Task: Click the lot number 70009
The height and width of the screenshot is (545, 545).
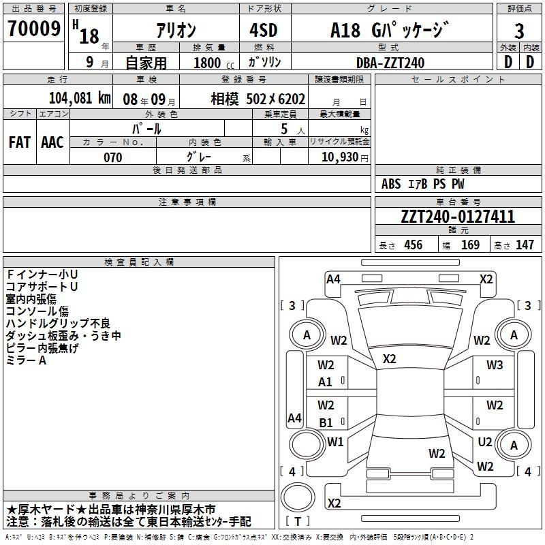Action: pos(33,29)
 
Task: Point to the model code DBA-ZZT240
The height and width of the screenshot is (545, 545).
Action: pos(390,63)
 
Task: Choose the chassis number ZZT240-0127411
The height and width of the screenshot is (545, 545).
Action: pos(458,217)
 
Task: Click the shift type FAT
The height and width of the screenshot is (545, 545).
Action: pos(20,142)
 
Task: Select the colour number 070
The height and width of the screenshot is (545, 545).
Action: pos(112,157)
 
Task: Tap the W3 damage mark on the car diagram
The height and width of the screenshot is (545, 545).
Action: pos(495,365)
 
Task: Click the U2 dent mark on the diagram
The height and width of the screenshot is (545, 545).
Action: pos(485,442)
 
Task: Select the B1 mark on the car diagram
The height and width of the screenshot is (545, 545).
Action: pos(326,422)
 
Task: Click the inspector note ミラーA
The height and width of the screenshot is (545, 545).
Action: pos(26,360)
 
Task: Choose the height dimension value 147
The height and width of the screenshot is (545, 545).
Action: pos(525,245)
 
